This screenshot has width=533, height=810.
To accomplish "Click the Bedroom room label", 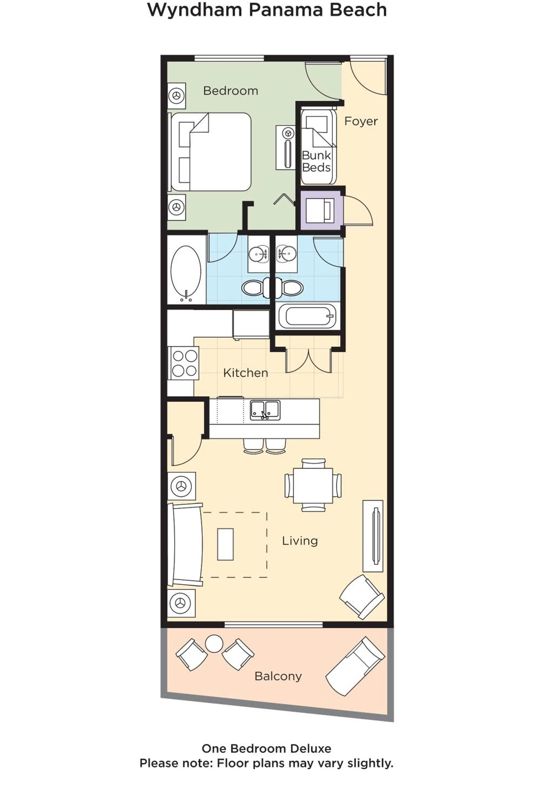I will pos(230,91).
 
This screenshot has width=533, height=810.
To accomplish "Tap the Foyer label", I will pos(361,121).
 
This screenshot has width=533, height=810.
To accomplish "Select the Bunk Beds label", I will pos(316,161).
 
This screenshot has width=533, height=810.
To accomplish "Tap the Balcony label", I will pos(278,676).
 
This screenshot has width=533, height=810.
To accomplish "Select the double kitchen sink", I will pos(265,410).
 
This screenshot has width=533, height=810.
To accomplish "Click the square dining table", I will pos(313,485).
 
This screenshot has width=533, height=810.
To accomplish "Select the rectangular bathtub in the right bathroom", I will pos(307,316).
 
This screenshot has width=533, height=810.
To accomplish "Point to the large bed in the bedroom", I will pos(211,152).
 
